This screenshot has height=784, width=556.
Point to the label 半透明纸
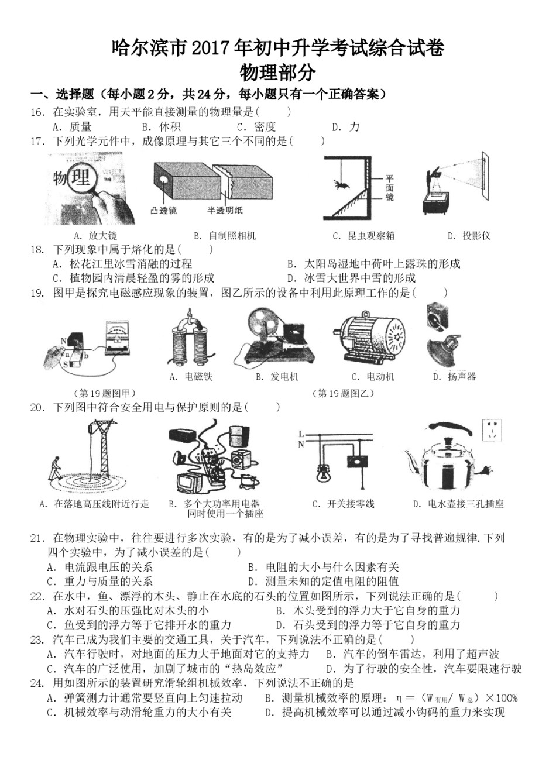pyautogui.click(x=225, y=211)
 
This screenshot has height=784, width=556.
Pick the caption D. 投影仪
pyautogui.click(x=469, y=236)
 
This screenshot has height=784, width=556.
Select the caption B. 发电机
pyautogui.click(x=277, y=377)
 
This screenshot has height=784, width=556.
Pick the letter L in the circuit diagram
pyautogui.click(x=301, y=434)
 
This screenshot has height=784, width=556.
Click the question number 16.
pyautogui.click(x=37, y=112)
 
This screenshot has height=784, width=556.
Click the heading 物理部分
pyautogui.click(x=278, y=73)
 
